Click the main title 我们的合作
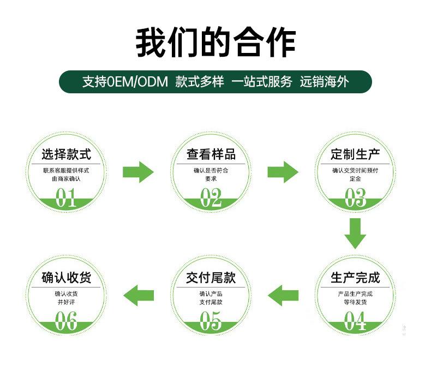[x=215, y=43]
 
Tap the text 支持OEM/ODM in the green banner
[x=125, y=82]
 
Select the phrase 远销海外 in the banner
[x=324, y=82]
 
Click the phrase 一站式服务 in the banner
[x=261, y=82]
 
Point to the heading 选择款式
[x=66, y=154]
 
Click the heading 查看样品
[x=211, y=154]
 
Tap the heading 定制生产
[x=355, y=154]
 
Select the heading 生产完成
[x=355, y=278]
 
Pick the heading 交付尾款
[x=211, y=278]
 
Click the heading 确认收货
[x=66, y=278]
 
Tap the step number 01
[x=65, y=198]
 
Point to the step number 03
[x=355, y=198]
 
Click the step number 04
[x=355, y=321]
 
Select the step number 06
[x=66, y=321]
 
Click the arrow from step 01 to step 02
[x=138, y=172]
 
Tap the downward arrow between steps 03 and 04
[x=355, y=234]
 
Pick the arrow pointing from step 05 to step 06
[x=139, y=295]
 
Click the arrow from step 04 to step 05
[x=283, y=295]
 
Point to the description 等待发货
[x=355, y=302]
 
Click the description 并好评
[x=66, y=302]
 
